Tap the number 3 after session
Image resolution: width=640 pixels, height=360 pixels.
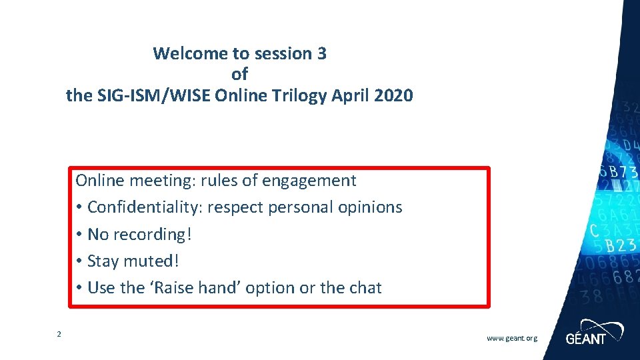pyautogui.click(x=322, y=53)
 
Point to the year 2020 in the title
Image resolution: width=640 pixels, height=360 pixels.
pyautogui.click(x=394, y=96)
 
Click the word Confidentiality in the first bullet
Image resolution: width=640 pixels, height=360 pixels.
pyautogui.click(x=143, y=207)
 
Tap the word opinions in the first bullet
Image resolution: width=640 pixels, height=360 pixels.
pyautogui.click(x=369, y=207)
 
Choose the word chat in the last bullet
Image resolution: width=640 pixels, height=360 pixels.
pyautogui.click(x=365, y=288)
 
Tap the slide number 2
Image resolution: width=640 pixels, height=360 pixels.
pyautogui.click(x=59, y=334)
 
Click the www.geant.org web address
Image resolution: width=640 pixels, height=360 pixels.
pyautogui.click(x=511, y=339)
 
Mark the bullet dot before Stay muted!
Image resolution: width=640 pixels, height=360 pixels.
pyautogui.click(x=79, y=261)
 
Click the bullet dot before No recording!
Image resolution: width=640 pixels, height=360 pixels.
pyautogui.click(x=79, y=235)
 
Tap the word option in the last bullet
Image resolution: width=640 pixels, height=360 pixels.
pyautogui.click(x=270, y=288)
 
